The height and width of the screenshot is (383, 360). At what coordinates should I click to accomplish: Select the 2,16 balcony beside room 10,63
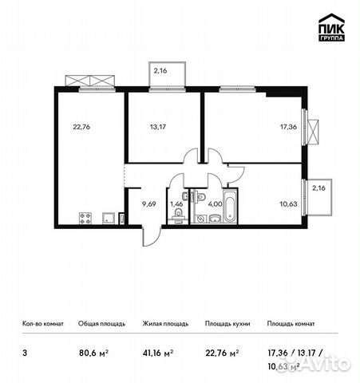point(319,189)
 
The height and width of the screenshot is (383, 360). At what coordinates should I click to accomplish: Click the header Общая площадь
point(99,324)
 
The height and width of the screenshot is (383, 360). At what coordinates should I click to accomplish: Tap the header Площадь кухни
point(227,324)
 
